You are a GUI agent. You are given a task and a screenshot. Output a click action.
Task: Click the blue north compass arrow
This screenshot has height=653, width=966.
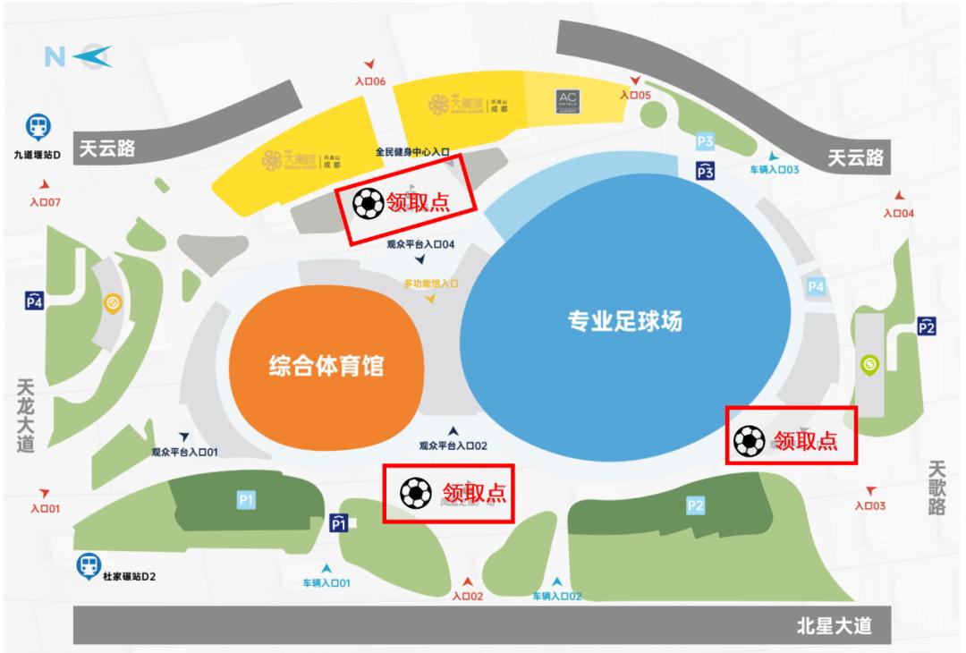point(91,56)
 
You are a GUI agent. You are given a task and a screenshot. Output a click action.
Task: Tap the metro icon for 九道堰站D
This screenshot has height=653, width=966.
point(38,127)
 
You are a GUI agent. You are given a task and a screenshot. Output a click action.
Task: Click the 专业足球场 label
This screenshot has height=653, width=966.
point(624,320)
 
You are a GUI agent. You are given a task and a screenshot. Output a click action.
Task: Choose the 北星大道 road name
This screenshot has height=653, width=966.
point(834,626)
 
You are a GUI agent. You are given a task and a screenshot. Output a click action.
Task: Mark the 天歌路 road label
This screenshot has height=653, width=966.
point(936,488)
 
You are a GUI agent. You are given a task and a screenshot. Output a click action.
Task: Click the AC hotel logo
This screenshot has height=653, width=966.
point(568,100)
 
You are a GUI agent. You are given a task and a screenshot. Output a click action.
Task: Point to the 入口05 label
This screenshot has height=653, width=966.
point(636,94)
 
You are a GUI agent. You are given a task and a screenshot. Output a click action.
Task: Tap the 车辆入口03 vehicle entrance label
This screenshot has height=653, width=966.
point(774,169)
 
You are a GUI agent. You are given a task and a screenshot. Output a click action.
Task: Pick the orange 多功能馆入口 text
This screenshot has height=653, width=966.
point(430,283)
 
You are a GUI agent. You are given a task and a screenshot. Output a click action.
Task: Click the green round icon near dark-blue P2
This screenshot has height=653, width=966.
point(869,364)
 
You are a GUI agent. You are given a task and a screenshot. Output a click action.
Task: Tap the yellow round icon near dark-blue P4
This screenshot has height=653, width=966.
point(114,304)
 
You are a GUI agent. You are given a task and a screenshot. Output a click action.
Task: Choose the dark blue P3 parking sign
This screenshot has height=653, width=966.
point(706,170)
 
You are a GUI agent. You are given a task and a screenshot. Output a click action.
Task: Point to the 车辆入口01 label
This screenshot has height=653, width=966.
point(326,583)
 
